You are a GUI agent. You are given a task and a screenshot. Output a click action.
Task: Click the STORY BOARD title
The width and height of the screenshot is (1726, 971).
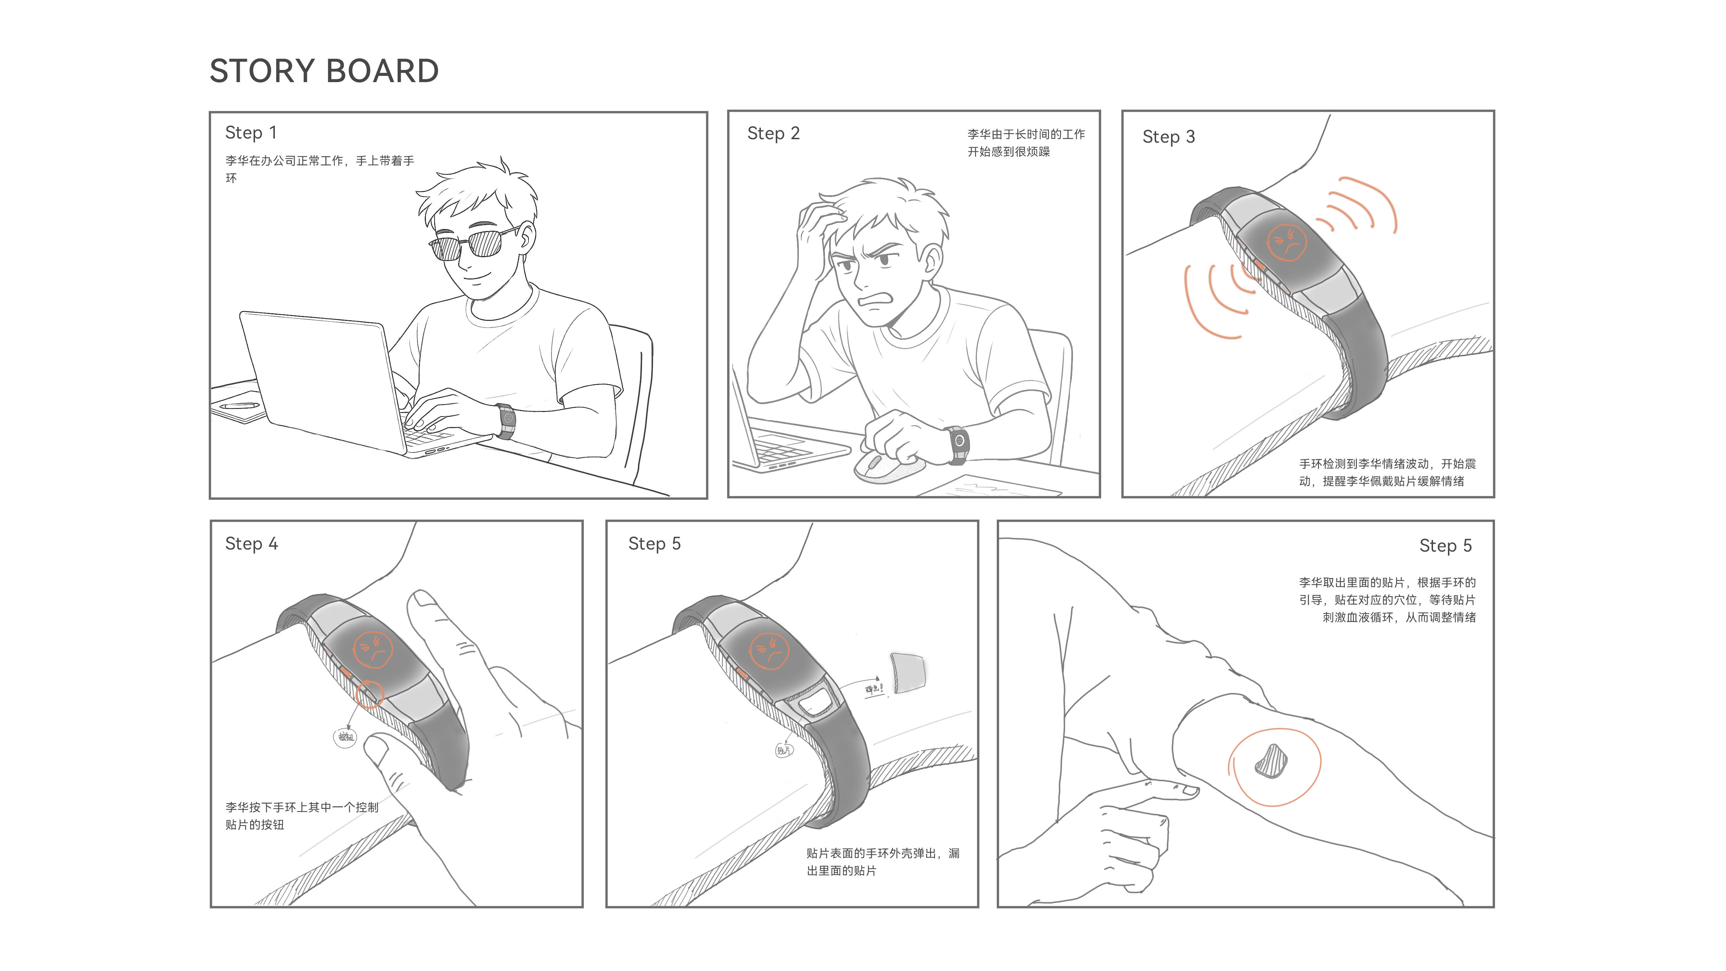(x=324, y=71)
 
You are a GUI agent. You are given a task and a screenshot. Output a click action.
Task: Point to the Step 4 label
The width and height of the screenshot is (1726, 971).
(x=251, y=544)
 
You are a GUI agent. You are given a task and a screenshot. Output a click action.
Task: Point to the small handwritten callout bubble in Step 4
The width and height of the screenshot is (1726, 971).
(x=345, y=737)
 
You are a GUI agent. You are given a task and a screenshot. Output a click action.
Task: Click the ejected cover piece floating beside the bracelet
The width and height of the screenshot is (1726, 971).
(x=908, y=672)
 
